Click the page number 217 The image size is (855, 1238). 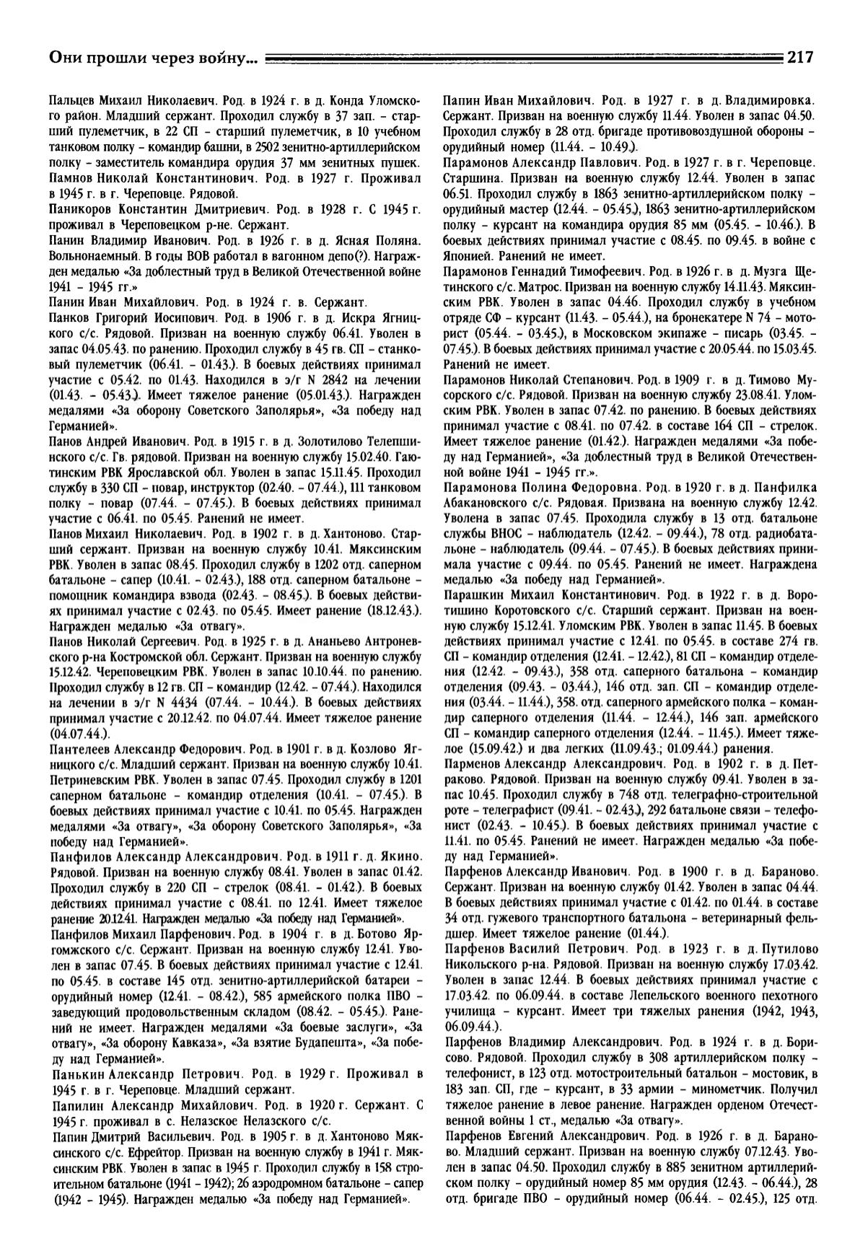tap(800, 58)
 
